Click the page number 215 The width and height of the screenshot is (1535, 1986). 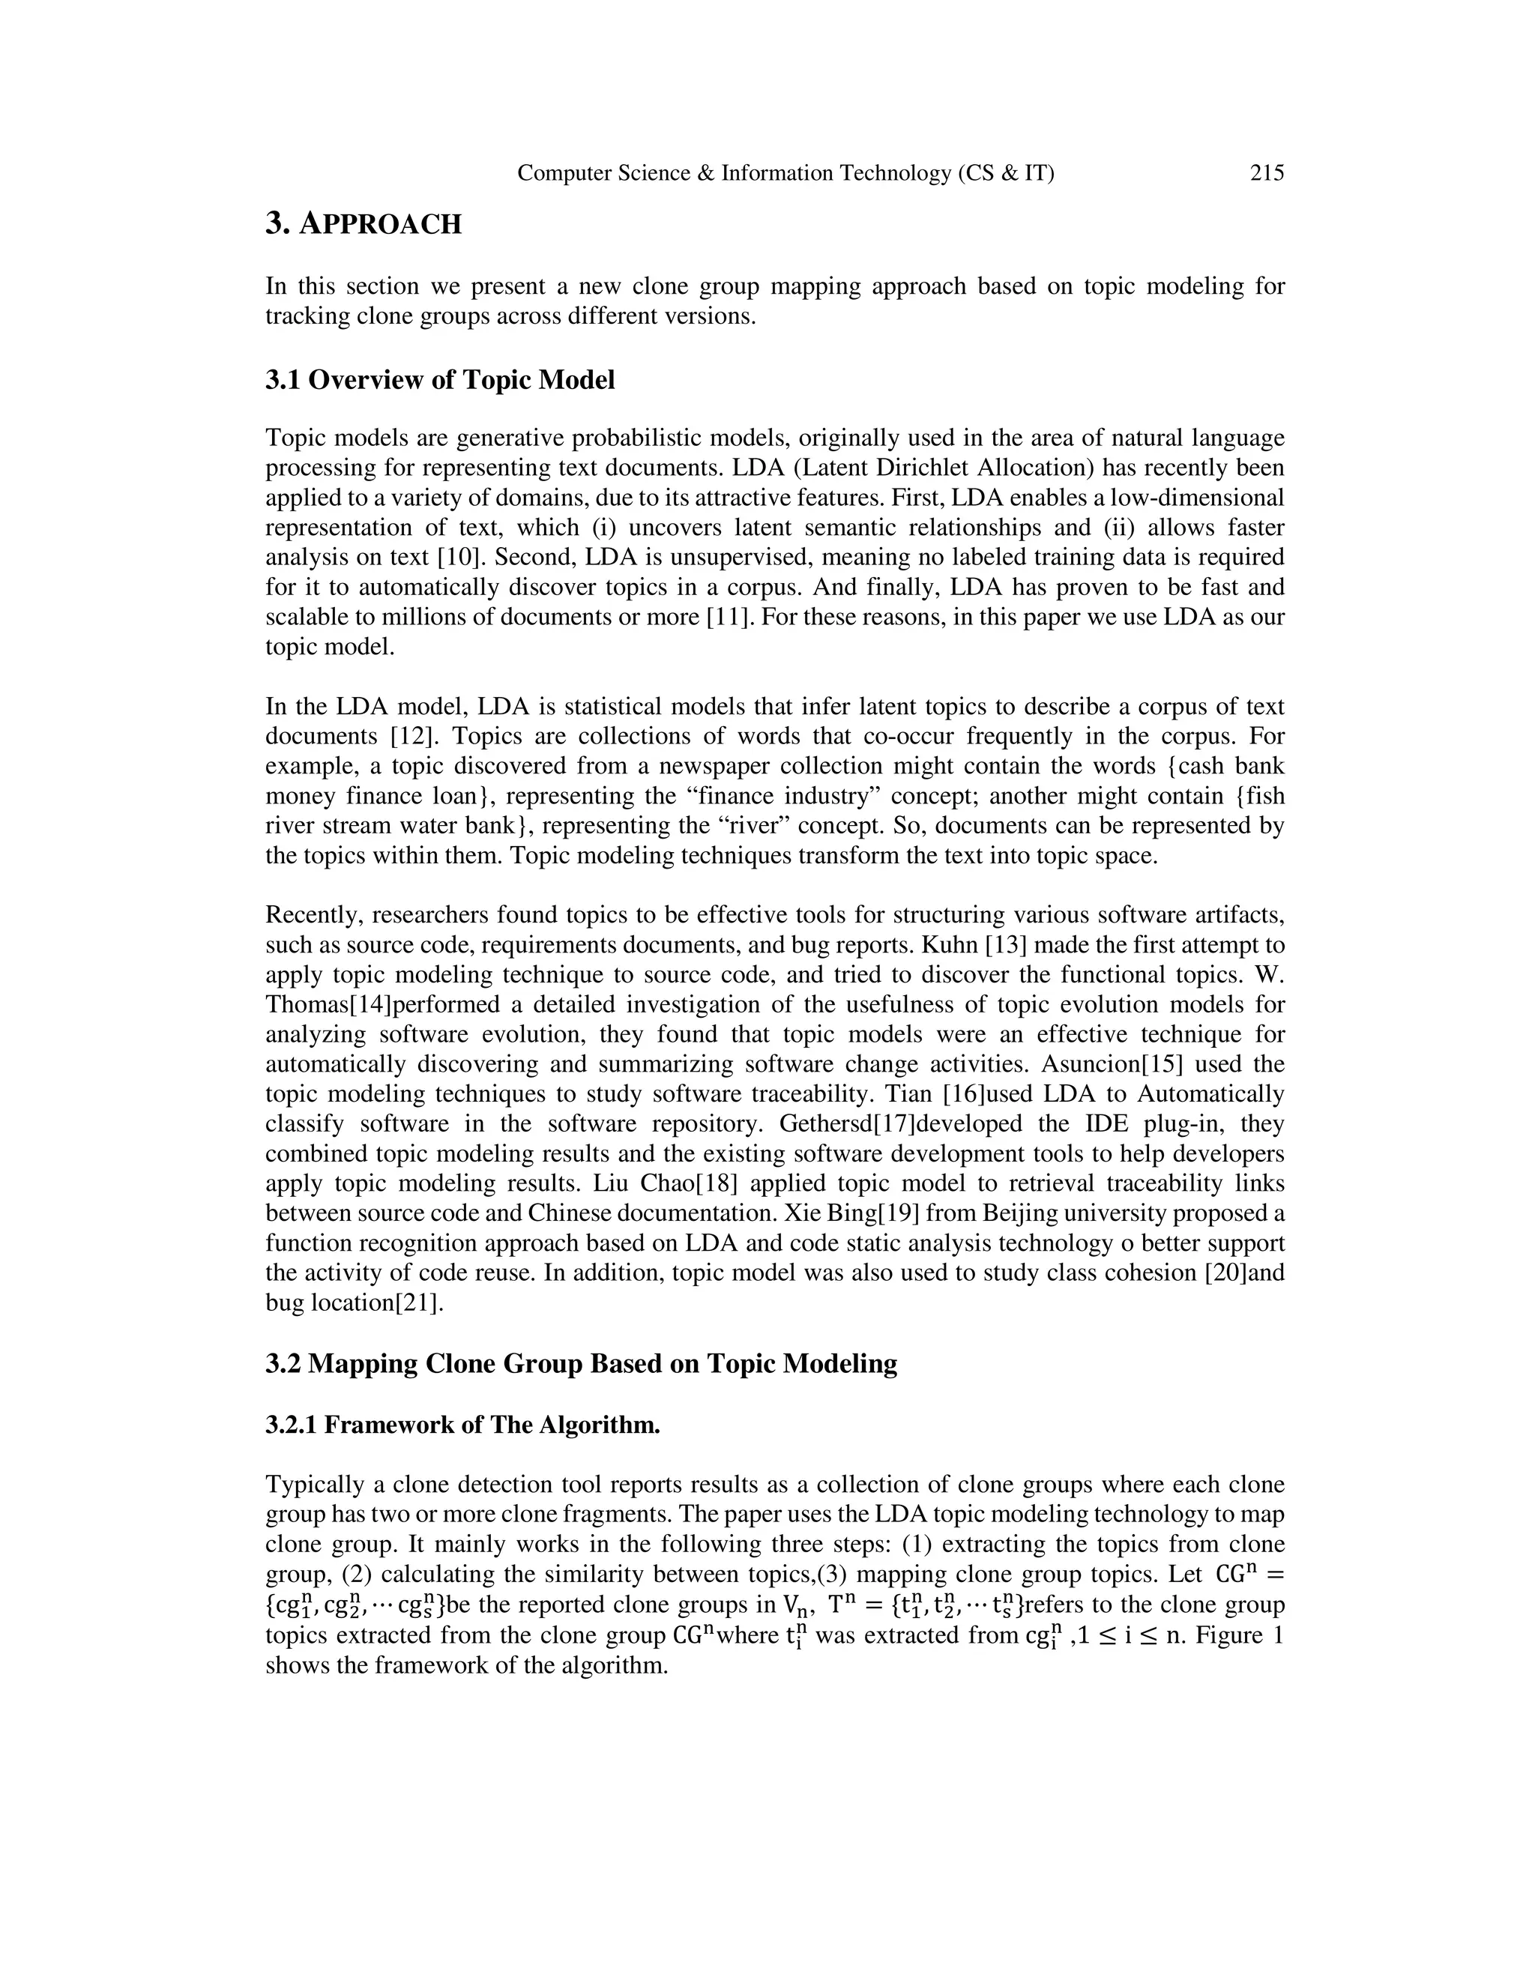click(1267, 173)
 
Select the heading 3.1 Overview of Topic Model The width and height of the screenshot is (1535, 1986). click(440, 380)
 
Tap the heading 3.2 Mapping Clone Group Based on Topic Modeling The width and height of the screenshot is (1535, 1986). click(581, 1364)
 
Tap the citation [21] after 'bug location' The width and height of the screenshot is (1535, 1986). click(419, 1303)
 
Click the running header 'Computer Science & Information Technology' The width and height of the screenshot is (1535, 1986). click(735, 173)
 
